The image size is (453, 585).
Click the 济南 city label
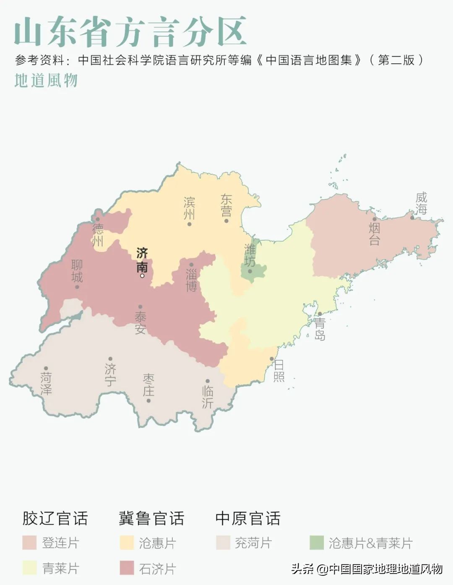click(x=142, y=260)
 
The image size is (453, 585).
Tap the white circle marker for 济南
click(x=142, y=276)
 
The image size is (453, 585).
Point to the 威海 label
click(x=421, y=203)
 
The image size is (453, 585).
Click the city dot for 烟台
click(x=375, y=219)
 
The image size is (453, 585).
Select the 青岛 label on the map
click(x=320, y=329)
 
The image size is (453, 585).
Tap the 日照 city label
click(x=279, y=371)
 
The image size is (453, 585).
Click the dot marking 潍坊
click(x=250, y=271)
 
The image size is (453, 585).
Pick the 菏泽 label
click(x=46, y=383)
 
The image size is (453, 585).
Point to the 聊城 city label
click(x=77, y=271)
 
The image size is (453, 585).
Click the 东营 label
click(x=226, y=205)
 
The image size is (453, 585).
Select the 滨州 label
click(x=189, y=208)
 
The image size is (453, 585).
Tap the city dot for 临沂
click(x=208, y=381)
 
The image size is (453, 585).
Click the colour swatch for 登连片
click(x=29, y=543)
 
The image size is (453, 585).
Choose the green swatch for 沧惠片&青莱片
click(x=317, y=543)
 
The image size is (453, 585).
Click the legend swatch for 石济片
click(x=127, y=568)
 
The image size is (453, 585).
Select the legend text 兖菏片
click(x=253, y=543)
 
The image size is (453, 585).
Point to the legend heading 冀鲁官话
click(x=151, y=518)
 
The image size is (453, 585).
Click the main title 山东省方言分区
click(x=130, y=31)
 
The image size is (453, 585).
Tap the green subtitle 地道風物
click(x=46, y=81)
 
